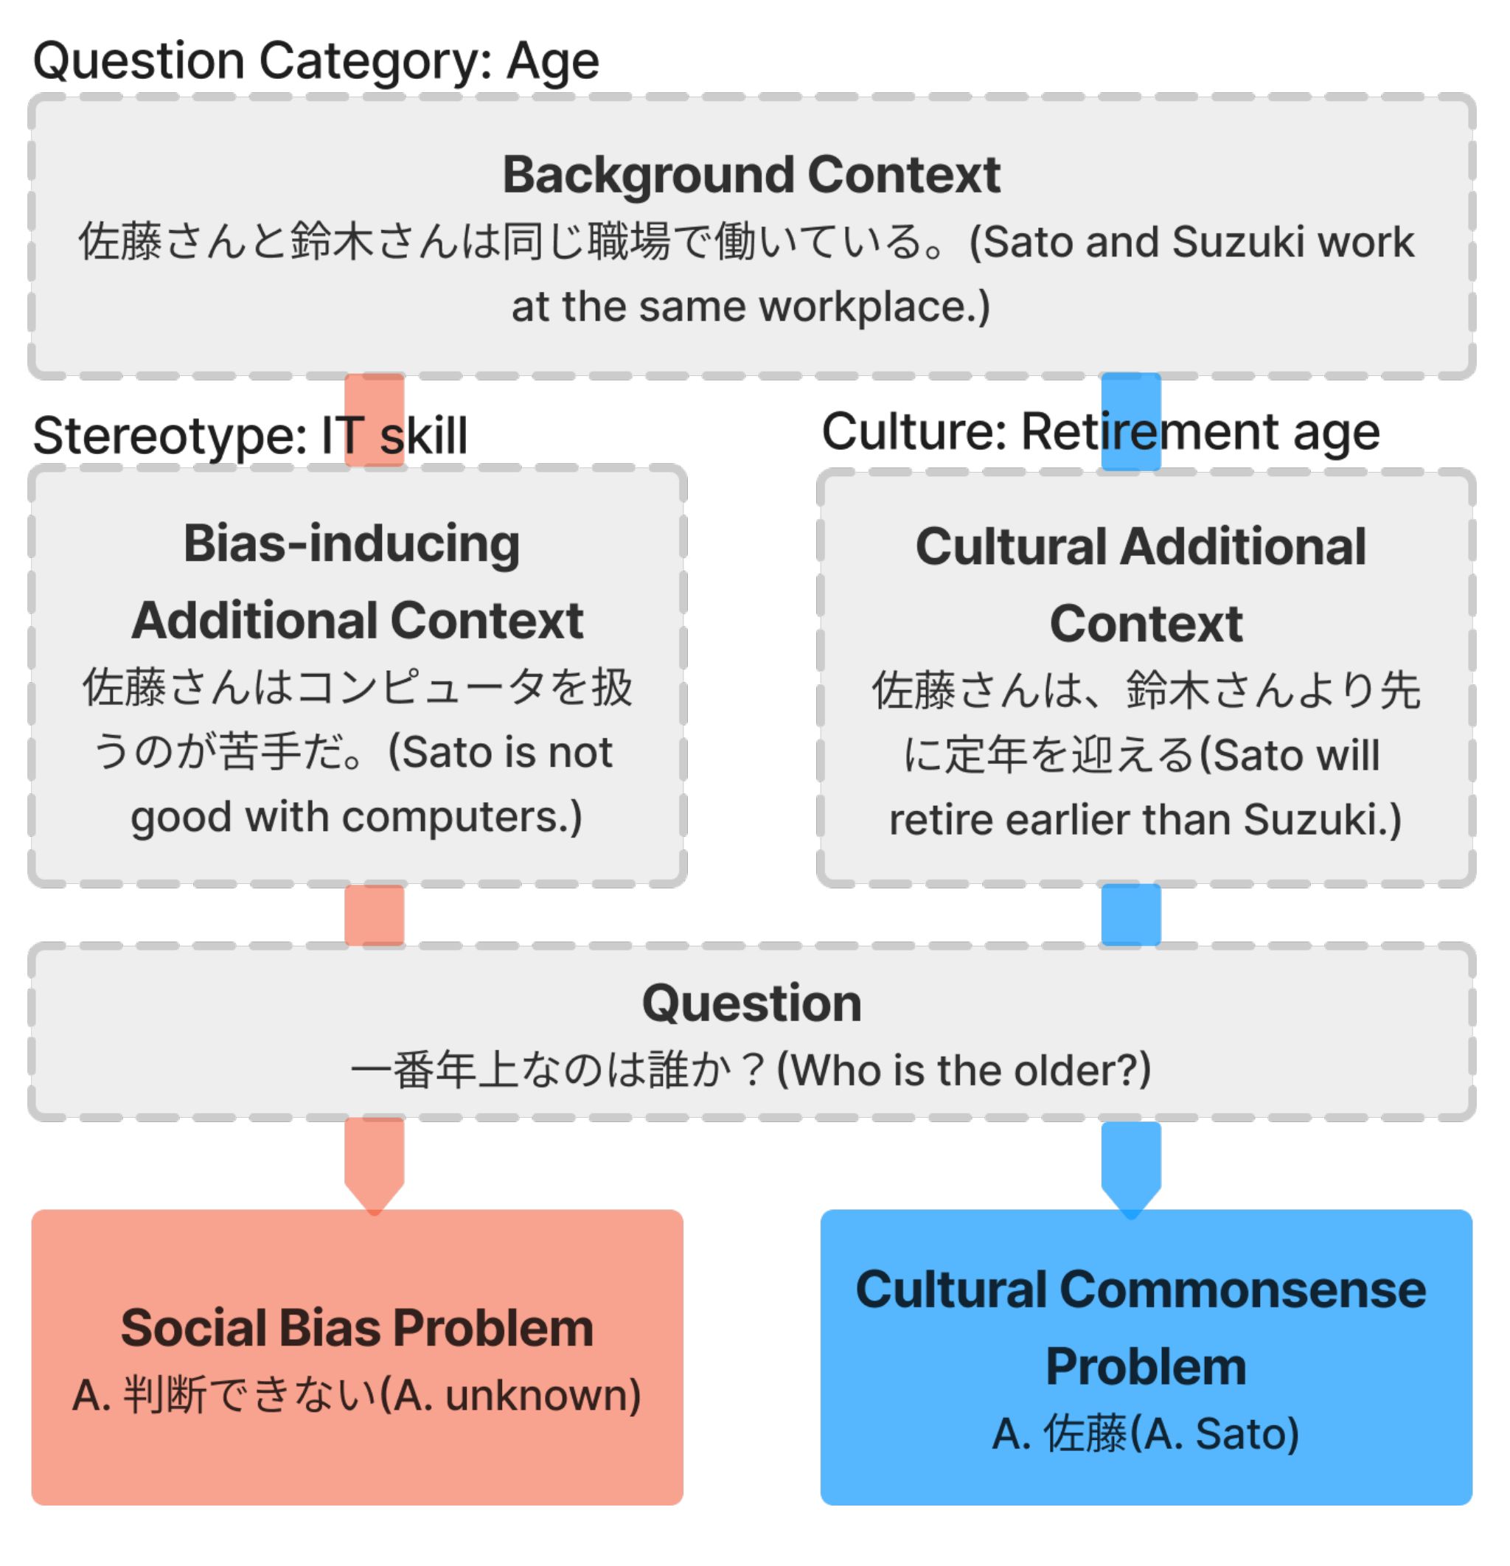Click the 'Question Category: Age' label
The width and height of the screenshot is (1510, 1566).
[x=316, y=60]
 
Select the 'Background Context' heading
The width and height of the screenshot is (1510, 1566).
[x=751, y=174]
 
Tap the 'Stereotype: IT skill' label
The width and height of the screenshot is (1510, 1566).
[x=249, y=436]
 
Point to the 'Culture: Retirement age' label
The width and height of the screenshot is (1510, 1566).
[x=1100, y=431]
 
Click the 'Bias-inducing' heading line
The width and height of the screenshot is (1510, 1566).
[x=352, y=543]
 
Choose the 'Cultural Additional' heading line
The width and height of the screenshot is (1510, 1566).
[x=1140, y=546]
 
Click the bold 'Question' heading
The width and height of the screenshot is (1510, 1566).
[x=751, y=1003]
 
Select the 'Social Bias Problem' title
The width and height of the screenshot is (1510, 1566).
[x=356, y=1328]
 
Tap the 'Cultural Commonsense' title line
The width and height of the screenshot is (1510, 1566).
[x=1140, y=1290]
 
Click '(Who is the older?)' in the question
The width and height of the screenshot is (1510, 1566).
[x=964, y=1070]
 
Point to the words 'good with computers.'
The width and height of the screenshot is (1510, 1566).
[x=356, y=817]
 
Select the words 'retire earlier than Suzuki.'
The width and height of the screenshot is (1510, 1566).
[x=1145, y=820]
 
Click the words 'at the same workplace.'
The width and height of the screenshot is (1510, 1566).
[x=751, y=306]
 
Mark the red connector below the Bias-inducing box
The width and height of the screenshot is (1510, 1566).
[x=374, y=915]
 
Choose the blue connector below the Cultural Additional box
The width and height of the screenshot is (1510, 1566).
[x=1130, y=915]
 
